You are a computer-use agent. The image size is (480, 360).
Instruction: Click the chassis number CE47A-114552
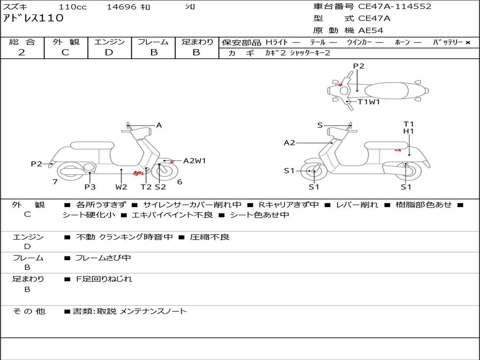click(x=394, y=7)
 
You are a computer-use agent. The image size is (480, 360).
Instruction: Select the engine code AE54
click(x=371, y=30)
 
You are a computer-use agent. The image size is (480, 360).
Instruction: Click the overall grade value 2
click(x=22, y=52)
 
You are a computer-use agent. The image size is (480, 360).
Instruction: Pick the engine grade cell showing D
click(x=109, y=52)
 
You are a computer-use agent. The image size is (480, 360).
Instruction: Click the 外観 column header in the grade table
click(x=66, y=42)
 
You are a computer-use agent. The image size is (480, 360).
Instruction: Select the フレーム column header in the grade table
click(x=153, y=42)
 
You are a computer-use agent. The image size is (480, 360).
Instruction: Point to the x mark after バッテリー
click(x=467, y=43)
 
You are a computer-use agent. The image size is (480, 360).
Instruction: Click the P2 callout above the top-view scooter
click(x=359, y=66)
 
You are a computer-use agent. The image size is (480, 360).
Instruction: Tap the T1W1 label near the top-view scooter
click(x=368, y=102)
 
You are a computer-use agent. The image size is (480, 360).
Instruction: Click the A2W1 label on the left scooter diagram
click(x=195, y=161)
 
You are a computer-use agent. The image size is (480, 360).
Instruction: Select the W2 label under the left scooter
click(x=121, y=187)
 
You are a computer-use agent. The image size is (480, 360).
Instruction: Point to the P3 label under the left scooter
click(x=90, y=187)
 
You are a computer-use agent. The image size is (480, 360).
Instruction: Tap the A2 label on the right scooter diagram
click(x=289, y=143)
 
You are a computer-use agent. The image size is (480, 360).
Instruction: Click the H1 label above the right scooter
click(x=409, y=131)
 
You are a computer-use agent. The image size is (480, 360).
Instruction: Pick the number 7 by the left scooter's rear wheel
click(x=55, y=182)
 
